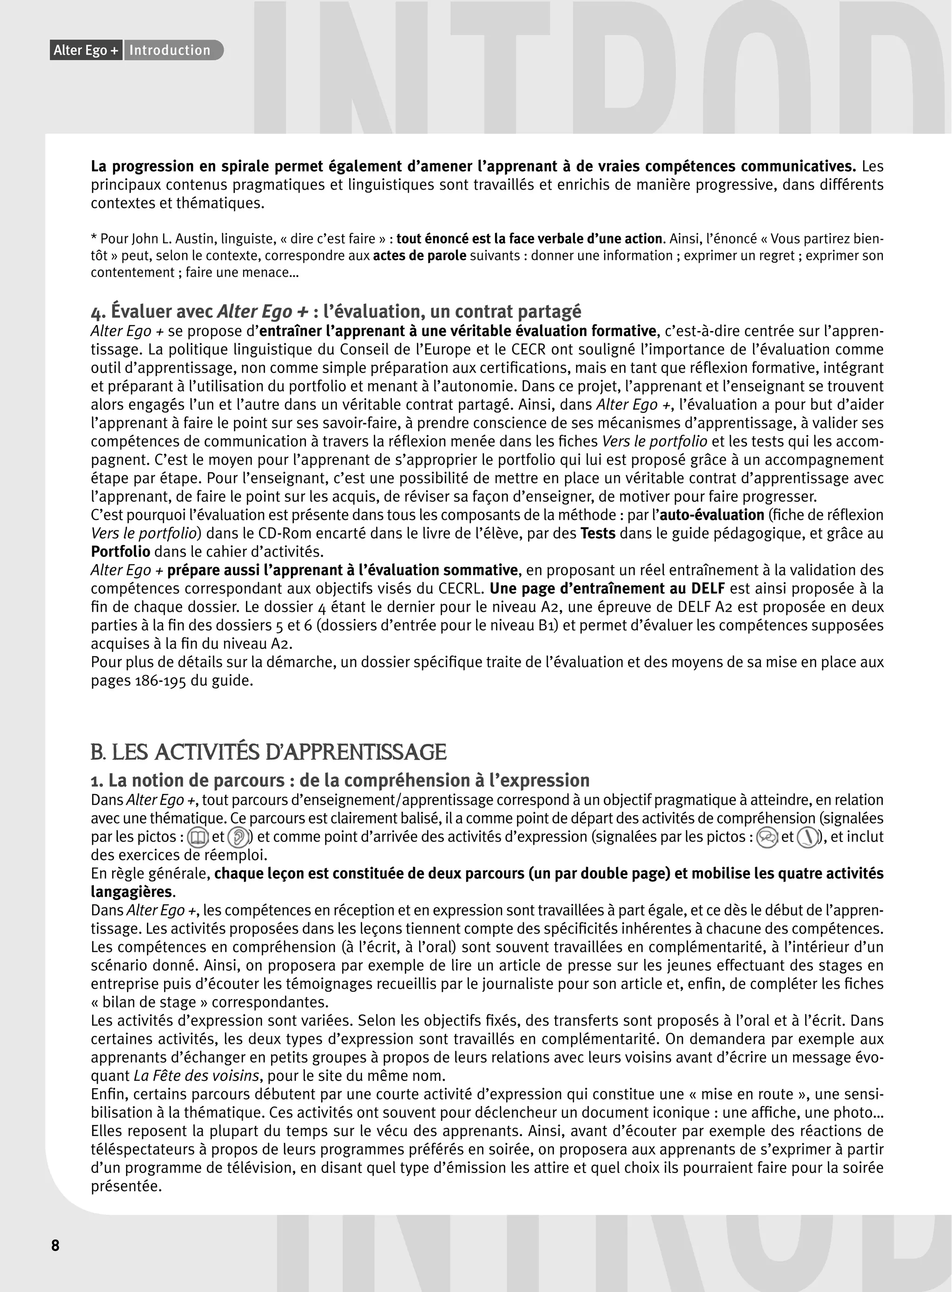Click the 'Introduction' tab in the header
pyautogui.click(x=170, y=51)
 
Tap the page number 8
pyautogui.click(x=55, y=1246)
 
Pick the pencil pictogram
pyautogui.click(x=808, y=837)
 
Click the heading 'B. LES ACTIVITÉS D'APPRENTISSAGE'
pyautogui.click(x=269, y=752)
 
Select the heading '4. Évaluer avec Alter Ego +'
pyautogui.click(x=336, y=312)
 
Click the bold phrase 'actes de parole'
pyautogui.click(x=420, y=256)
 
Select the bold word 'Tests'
pyautogui.click(x=598, y=534)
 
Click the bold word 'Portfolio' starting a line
pyautogui.click(x=120, y=552)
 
